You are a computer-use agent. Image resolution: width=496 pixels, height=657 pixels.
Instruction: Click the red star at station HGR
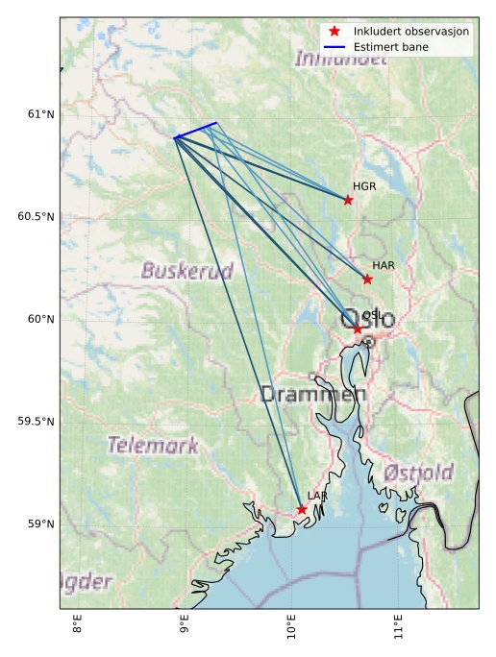(x=348, y=200)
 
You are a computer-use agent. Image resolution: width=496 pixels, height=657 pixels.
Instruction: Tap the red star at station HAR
(x=367, y=280)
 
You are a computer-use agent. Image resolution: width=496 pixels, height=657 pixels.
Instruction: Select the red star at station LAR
(x=302, y=509)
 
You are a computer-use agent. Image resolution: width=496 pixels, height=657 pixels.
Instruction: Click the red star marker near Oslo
(x=358, y=329)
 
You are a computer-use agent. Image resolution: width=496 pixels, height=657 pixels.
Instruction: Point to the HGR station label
(x=364, y=186)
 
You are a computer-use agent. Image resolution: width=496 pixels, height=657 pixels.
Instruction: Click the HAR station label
(x=384, y=265)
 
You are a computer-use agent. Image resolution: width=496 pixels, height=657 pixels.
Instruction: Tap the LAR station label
(x=317, y=496)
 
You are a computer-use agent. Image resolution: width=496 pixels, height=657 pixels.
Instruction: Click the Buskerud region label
(x=186, y=271)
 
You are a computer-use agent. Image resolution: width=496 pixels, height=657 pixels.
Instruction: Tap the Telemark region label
(x=153, y=445)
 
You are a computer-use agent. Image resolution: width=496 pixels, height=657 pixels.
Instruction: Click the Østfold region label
(x=418, y=473)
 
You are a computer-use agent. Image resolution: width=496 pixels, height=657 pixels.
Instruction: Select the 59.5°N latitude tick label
(x=37, y=422)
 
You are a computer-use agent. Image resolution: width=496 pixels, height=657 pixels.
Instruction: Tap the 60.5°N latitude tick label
(x=37, y=216)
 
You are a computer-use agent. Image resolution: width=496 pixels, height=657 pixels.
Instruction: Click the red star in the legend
(x=334, y=31)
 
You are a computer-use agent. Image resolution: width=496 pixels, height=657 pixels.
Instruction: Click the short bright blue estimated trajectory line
(x=196, y=130)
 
